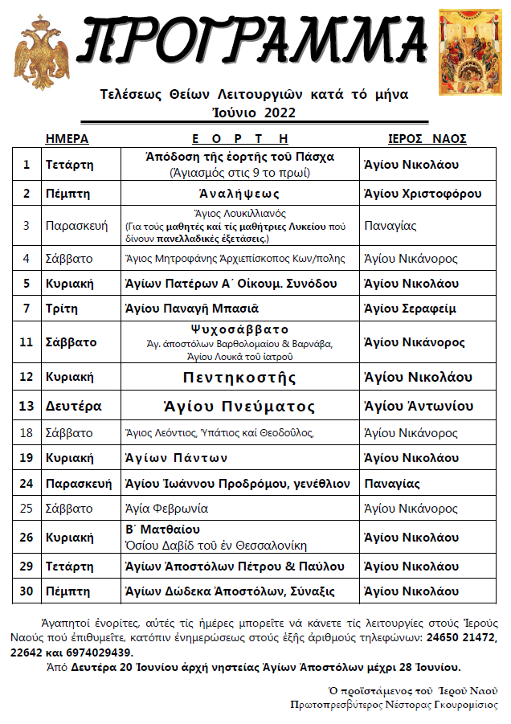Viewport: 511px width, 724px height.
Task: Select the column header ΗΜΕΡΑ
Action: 67,138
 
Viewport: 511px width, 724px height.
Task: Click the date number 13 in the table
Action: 27,406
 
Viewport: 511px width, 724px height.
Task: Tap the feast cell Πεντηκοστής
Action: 239,377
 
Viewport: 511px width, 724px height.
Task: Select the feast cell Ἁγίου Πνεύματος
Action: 240,406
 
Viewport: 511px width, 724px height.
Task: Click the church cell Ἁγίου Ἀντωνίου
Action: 418,406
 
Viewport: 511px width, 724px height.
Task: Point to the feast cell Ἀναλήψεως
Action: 239,193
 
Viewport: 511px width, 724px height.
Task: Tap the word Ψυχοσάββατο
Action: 239,329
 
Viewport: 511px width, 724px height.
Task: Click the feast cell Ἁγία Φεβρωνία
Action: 166,509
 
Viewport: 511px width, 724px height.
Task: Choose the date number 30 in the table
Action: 27,591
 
